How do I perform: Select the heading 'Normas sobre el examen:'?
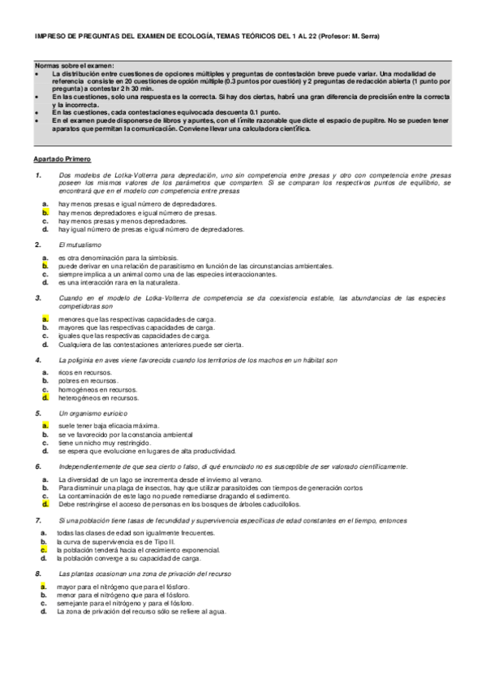75,65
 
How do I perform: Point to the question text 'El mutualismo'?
80,245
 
